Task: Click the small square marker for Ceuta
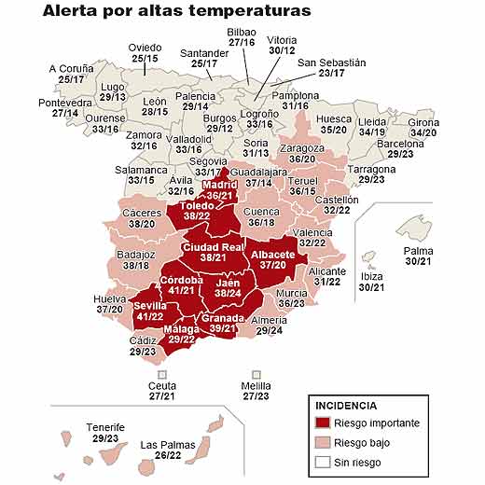(162, 374)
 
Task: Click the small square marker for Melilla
(256, 374)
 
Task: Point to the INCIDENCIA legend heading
(346, 407)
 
